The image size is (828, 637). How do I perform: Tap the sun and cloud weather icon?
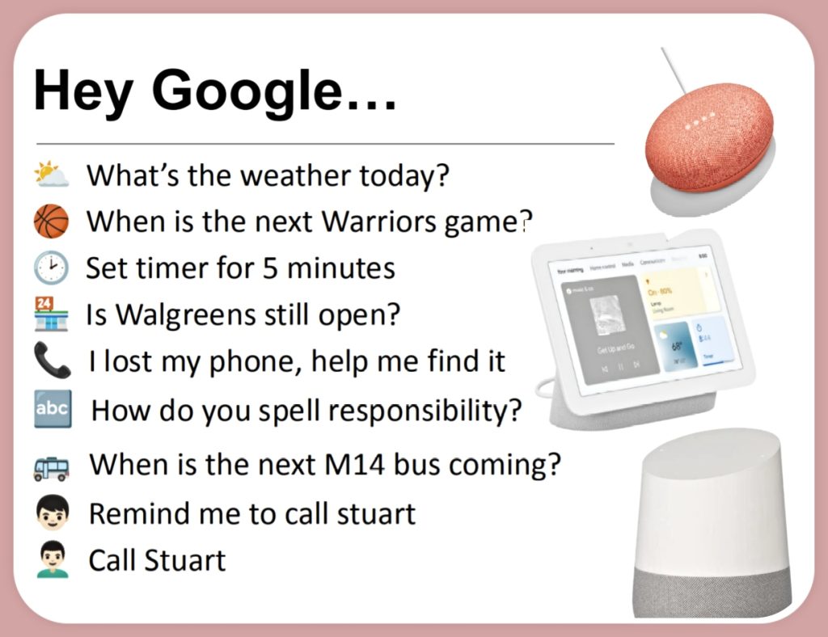(x=51, y=175)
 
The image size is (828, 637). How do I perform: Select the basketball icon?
(x=52, y=221)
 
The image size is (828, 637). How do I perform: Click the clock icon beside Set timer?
(x=52, y=268)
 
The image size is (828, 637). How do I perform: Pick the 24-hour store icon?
(x=52, y=314)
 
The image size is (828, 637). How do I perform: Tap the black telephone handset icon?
(x=52, y=361)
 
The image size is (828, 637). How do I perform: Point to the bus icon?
(x=52, y=466)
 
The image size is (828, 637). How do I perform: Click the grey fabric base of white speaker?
(x=712, y=590)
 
